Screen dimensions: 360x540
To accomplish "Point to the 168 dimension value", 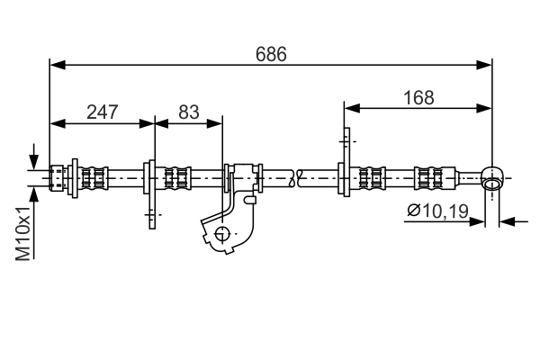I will tap(418, 97).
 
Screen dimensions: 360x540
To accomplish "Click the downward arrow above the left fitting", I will tap(34, 159).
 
